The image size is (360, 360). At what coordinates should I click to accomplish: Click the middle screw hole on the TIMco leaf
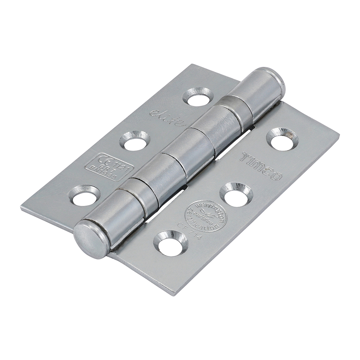pos(235,194)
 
